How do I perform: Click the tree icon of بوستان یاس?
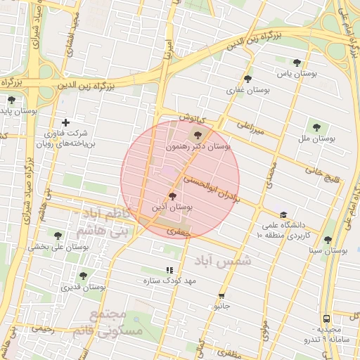(x=297, y=63)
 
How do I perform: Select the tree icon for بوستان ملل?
(x=317, y=127)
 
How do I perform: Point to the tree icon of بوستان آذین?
(x=173, y=197)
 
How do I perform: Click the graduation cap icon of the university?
(x=283, y=215)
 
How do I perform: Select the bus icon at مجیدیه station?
(x=326, y=319)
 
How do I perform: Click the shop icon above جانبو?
(x=221, y=296)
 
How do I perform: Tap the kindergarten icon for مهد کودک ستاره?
(x=169, y=270)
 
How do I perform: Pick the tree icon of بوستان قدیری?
(x=83, y=276)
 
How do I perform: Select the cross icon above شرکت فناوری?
(x=65, y=122)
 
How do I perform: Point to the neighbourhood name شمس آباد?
(x=224, y=261)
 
